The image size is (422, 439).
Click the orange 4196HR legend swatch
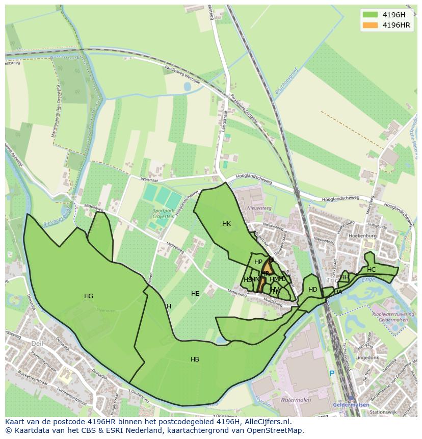tap(370, 25)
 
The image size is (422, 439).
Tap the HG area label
tap(89, 296)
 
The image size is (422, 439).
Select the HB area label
tap(195, 359)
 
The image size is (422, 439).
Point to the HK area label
tap(226, 223)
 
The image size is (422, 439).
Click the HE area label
tap(195, 293)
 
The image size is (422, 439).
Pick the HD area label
tap(312, 290)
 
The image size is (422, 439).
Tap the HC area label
tap(371, 269)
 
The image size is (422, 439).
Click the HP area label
tap(258, 262)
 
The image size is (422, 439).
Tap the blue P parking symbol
tap(332, 374)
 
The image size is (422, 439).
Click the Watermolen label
tap(295, 400)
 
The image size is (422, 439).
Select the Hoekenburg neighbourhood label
tap(362, 236)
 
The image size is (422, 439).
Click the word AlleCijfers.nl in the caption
tap(267, 422)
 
